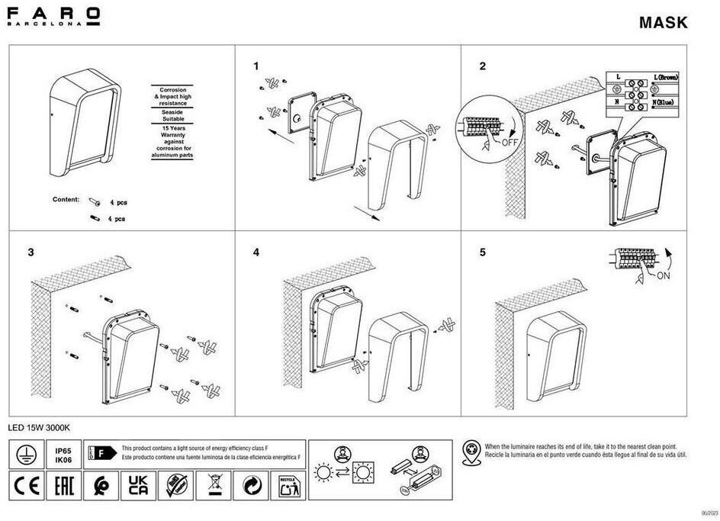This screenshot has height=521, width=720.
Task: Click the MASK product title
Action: point(663,22)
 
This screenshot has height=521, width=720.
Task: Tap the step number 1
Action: point(257,66)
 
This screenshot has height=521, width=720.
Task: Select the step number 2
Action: point(482,66)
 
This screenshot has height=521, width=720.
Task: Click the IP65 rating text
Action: point(63,451)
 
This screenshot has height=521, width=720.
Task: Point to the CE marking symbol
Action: point(25,485)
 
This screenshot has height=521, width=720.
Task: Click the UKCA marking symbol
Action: point(137,485)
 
